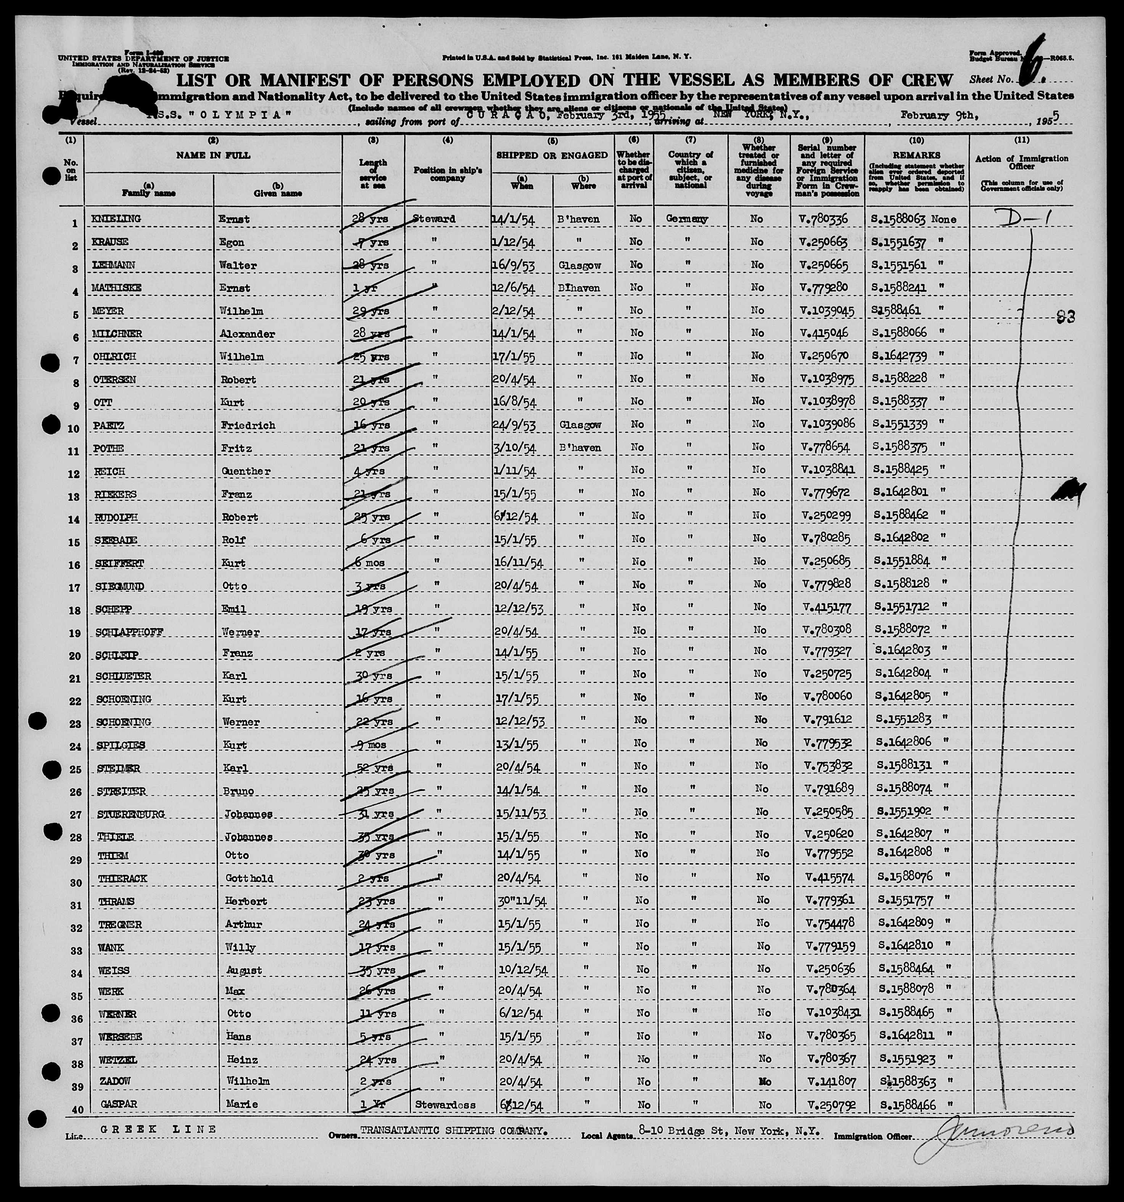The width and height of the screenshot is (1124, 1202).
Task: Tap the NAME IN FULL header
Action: [213, 155]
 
